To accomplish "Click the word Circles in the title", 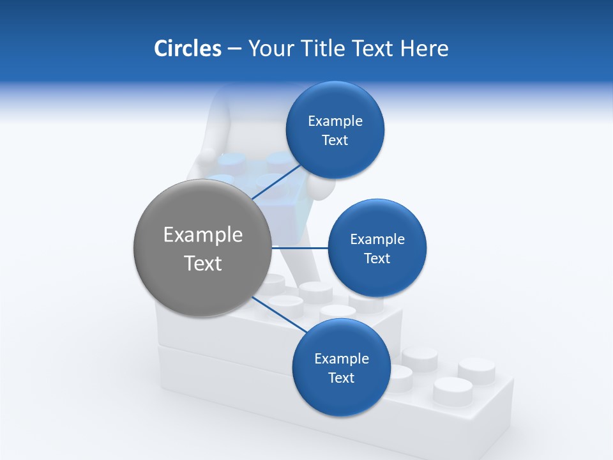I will click(x=187, y=49).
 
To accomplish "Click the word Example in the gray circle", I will click(x=203, y=235).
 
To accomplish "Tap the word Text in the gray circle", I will click(x=203, y=263).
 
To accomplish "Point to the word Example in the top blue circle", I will click(x=335, y=121).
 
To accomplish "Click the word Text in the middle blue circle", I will click(x=377, y=259).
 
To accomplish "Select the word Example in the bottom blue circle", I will click(x=341, y=359).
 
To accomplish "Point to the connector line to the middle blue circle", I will click(x=300, y=247).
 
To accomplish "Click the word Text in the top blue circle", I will click(x=335, y=141).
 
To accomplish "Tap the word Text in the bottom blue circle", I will click(x=341, y=378).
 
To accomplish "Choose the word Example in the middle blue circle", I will click(x=377, y=240).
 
